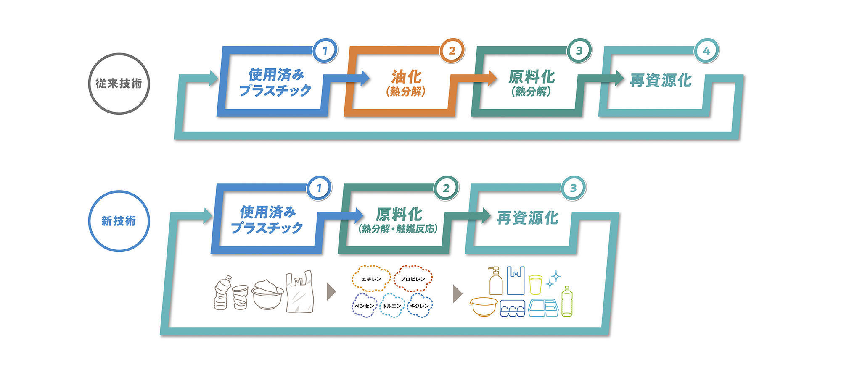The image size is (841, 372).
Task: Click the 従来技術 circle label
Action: pos(119,83)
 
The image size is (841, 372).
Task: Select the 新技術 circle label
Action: pos(119,221)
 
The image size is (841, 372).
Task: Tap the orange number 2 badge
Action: pos(452,51)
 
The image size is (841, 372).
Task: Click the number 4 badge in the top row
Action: pos(706,51)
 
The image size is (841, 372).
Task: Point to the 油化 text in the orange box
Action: pos(406,77)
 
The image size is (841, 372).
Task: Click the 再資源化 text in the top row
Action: pos(661,80)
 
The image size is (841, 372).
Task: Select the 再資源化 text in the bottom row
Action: pos(528,218)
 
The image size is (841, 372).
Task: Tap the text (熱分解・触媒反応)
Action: pos(398,229)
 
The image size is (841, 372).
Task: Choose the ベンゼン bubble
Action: pos(364,306)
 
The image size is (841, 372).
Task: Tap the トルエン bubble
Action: pos(392,306)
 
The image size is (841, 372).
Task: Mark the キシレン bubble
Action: pos(419,306)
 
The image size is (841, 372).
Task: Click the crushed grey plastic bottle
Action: pos(222,293)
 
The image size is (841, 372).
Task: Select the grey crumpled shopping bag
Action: pos(300,292)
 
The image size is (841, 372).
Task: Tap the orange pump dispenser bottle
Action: pos(496,281)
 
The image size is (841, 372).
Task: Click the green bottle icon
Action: pos(567,301)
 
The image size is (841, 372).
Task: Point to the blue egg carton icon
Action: pos(512,309)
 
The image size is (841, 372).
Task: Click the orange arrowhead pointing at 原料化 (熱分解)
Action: pos(492,78)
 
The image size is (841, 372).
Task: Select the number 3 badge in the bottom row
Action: pos(573,188)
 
